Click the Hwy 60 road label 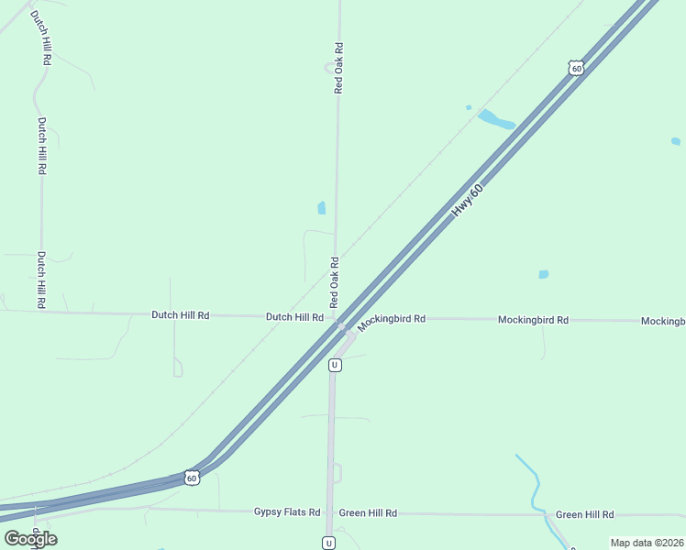pyautogui.click(x=467, y=198)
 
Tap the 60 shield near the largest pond pyautogui.click(x=575, y=68)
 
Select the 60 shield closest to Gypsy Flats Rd pyautogui.click(x=191, y=478)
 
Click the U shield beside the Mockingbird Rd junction pyautogui.click(x=335, y=365)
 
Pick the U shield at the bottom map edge pyautogui.click(x=328, y=543)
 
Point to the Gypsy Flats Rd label pyautogui.click(x=287, y=513)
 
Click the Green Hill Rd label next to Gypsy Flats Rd pyautogui.click(x=368, y=513)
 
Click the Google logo pyautogui.click(x=30, y=538)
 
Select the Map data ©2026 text pyautogui.click(x=647, y=543)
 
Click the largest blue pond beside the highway pyautogui.click(x=496, y=119)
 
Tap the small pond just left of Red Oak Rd pyautogui.click(x=321, y=208)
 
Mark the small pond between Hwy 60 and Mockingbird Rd pyautogui.click(x=544, y=274)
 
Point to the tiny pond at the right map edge pyautogui.click(x=676, y=141)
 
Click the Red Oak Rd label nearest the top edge pyautogui.click(x=338, y=68)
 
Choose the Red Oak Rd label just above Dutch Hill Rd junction pyautogui.click(x=335, y=281)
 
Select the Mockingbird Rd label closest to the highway pyautogui.click(x=392, y=320)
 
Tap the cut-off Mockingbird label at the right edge pyautogui.click(x=663, y=321)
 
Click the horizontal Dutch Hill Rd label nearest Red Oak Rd pyautogui.click(x=294, y=317)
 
